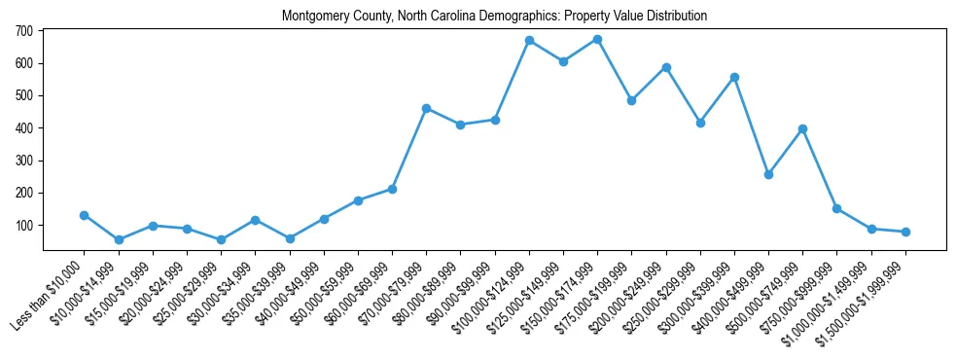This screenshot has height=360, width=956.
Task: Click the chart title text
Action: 494,17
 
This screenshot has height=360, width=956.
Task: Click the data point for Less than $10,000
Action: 85,215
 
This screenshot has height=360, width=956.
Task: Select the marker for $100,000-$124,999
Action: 529,41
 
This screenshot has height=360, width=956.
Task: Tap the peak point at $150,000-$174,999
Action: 597,39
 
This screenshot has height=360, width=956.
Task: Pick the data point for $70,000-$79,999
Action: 426,108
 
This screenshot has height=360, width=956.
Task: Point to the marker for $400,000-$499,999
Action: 768,174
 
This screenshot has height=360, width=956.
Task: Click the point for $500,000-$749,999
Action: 802,128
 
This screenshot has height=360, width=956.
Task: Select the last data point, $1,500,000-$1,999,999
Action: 905,232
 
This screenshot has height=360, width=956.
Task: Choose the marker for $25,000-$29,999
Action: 221,239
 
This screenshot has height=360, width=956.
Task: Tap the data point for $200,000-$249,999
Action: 666,67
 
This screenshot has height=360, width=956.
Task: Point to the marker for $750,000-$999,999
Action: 836,208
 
